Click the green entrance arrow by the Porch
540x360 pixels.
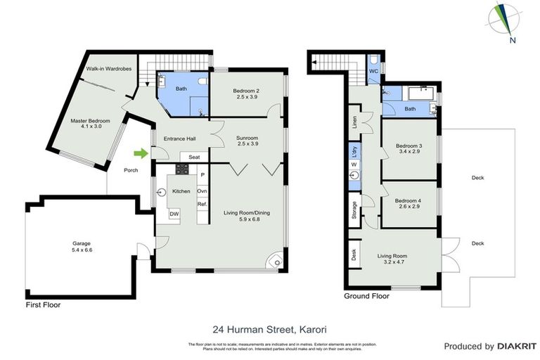point(142,153)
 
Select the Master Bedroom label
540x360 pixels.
point(91,121)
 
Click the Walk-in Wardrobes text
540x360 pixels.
point(109,69)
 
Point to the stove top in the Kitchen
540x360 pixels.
point(182,169)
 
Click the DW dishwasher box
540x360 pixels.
point(173,214)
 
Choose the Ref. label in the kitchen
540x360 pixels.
point(202,204)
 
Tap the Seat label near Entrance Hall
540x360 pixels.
point(195,157)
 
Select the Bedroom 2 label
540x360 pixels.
point(247,91)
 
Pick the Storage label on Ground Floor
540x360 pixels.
point(354,211)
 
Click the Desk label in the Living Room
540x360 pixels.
point(354,254)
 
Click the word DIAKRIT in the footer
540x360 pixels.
point(517,346)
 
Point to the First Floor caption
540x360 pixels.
point(43,305)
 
